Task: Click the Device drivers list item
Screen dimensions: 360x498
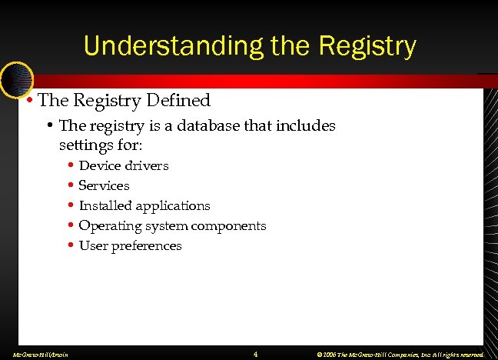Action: pyautogui.click(x=124, y=165)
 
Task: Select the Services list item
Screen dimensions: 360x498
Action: pyautogui.click(x=104, y=185)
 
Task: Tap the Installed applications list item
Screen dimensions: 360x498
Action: pyautogui.click(x=144, y=205)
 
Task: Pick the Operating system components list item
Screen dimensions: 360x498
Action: pyautogui.click(x=172, y=225)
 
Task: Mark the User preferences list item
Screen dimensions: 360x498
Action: pyautogui.click(x=130, y=245)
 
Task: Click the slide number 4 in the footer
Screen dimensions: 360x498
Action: pyautogui.click(x=255, y=354)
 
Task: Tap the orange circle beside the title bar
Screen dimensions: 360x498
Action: pyautogui.click(x=15, y=78)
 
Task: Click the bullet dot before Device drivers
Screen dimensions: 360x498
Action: pyautogui.click(x=70, y=165)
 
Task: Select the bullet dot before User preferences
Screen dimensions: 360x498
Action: pyautogui.click(x=70, y=246)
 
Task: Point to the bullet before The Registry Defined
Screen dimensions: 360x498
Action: pyautogui.click(x=29, y=100)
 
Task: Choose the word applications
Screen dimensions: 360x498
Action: pyautogui.click(x=173, y=205)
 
